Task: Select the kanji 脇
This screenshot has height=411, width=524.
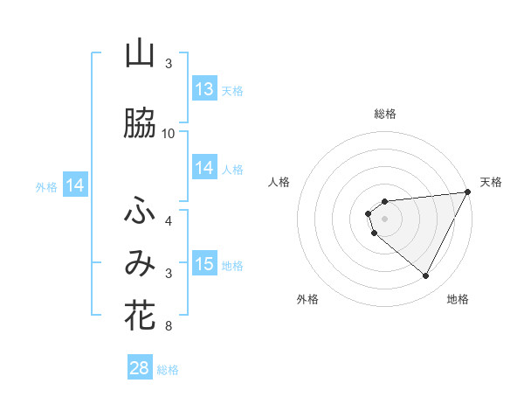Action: coord(140,124)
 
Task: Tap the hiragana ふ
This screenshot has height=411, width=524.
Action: coord(140,211)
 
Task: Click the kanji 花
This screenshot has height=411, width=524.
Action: coord(140,316)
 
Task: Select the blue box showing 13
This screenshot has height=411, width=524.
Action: coord(204,88)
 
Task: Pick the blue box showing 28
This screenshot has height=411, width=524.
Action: coord(140,368)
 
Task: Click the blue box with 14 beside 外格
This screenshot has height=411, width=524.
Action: coord(75,185)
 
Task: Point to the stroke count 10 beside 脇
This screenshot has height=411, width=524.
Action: coord(169,134)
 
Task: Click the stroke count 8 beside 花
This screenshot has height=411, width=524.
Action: coord(169,326)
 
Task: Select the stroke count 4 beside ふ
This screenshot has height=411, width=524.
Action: coord(169,221)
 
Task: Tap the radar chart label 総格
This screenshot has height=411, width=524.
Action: coord(384,114)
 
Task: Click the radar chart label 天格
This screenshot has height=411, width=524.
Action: coord(491,182)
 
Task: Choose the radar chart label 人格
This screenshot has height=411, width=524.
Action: coord(279,182)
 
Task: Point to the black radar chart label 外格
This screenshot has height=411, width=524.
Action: coord(307,299)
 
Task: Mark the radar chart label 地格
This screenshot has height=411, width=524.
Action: coord(458,299)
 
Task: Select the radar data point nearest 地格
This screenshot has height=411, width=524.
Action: coord(426,276)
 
